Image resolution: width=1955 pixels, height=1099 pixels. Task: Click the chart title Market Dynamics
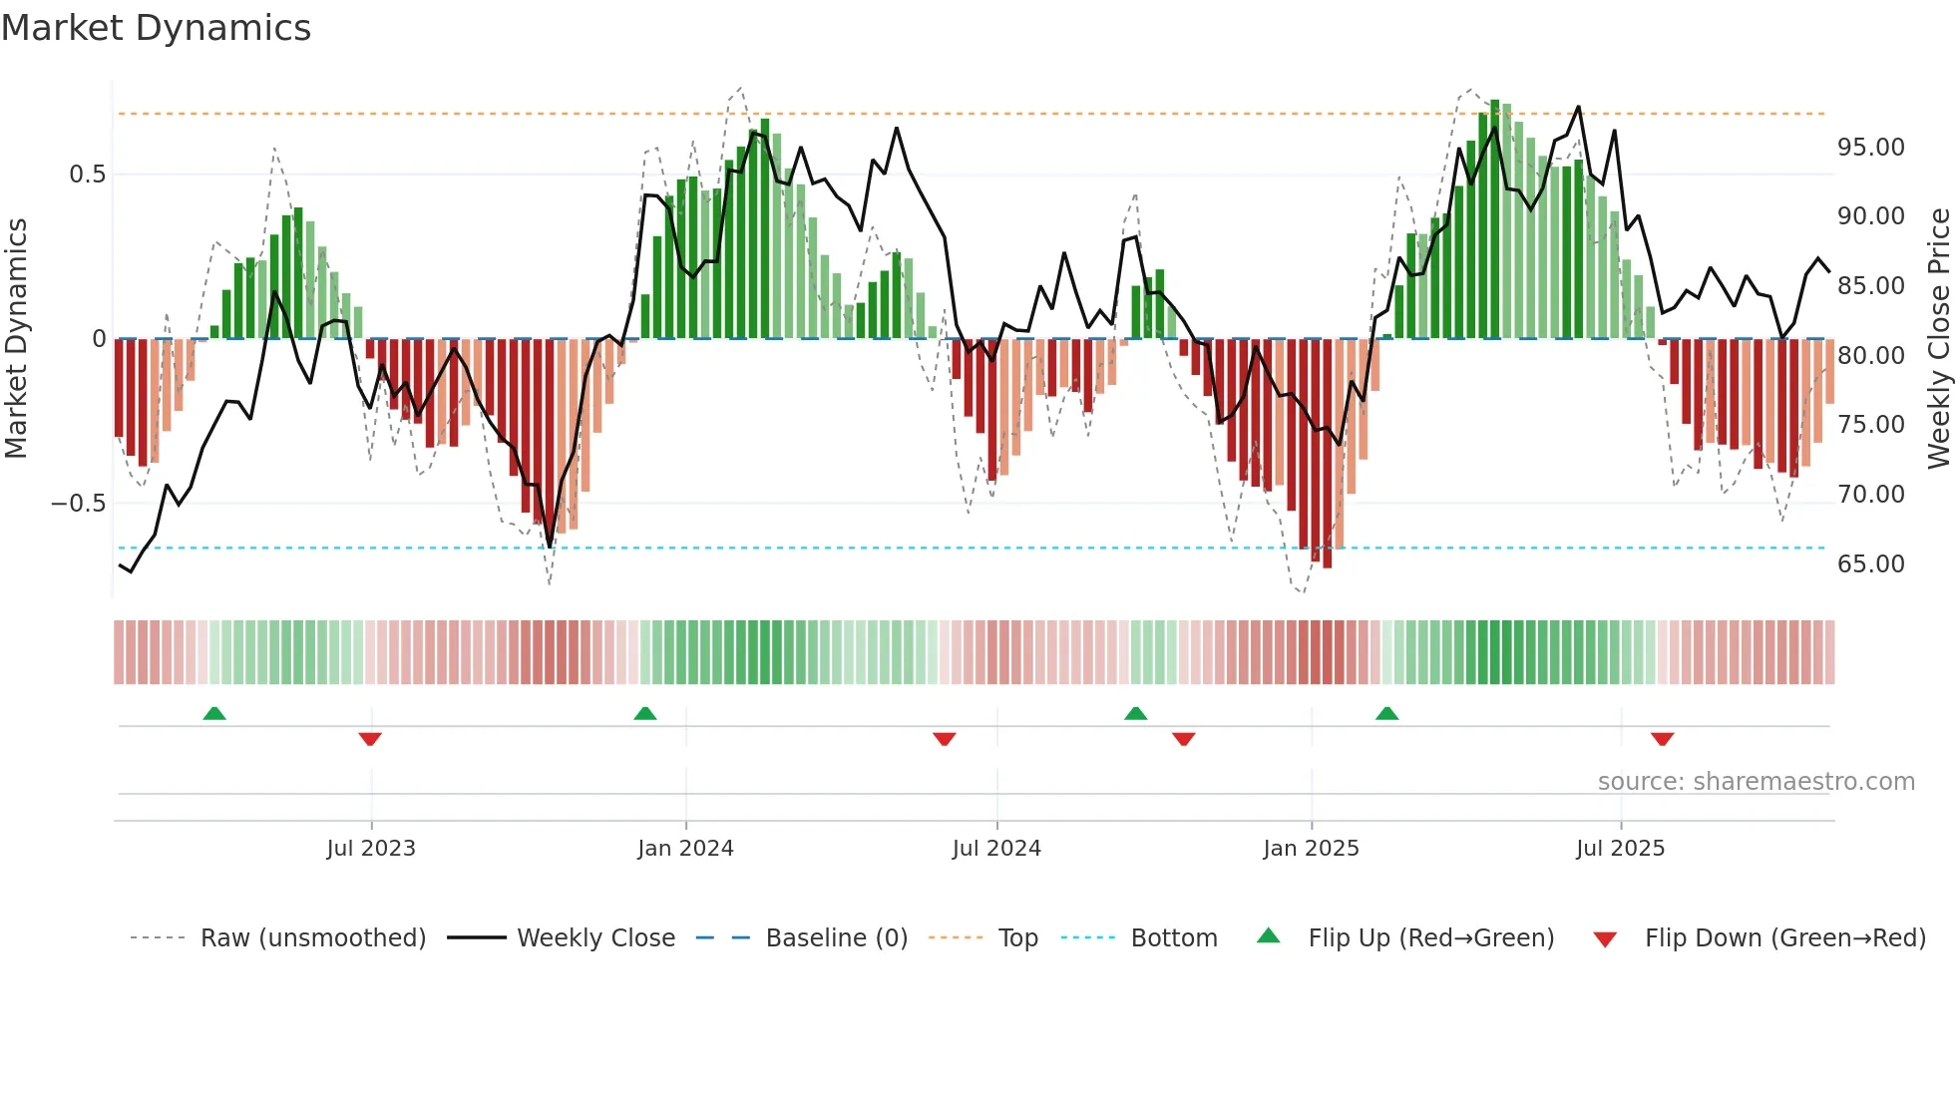point(156,28)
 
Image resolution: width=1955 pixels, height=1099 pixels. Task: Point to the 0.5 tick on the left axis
point(87,175)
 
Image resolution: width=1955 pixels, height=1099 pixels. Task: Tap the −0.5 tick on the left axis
point(78,504)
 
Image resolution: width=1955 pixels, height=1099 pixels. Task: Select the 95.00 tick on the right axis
point(1870,148)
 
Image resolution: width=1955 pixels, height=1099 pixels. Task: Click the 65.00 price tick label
point(1870,564)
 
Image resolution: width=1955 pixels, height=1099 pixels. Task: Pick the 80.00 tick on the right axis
point(1870,356)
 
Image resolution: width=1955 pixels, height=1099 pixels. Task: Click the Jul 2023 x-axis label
point(371,849)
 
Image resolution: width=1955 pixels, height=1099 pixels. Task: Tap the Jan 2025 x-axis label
point(1311,849)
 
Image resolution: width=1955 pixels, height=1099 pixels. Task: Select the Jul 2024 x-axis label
point(996,849)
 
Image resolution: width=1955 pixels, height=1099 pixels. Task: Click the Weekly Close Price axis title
point(1938,339)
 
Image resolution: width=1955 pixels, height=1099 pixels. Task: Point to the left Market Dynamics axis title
point(16,339)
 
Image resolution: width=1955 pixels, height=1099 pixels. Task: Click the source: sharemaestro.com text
point(1756,782)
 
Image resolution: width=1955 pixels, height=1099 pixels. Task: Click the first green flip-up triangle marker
point(214,713)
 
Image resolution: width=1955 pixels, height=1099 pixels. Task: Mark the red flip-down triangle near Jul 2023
point(370,739)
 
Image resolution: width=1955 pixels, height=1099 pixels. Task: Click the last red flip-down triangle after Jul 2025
point(1662,739)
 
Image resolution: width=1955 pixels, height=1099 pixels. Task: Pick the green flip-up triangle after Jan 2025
point(1386,713)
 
